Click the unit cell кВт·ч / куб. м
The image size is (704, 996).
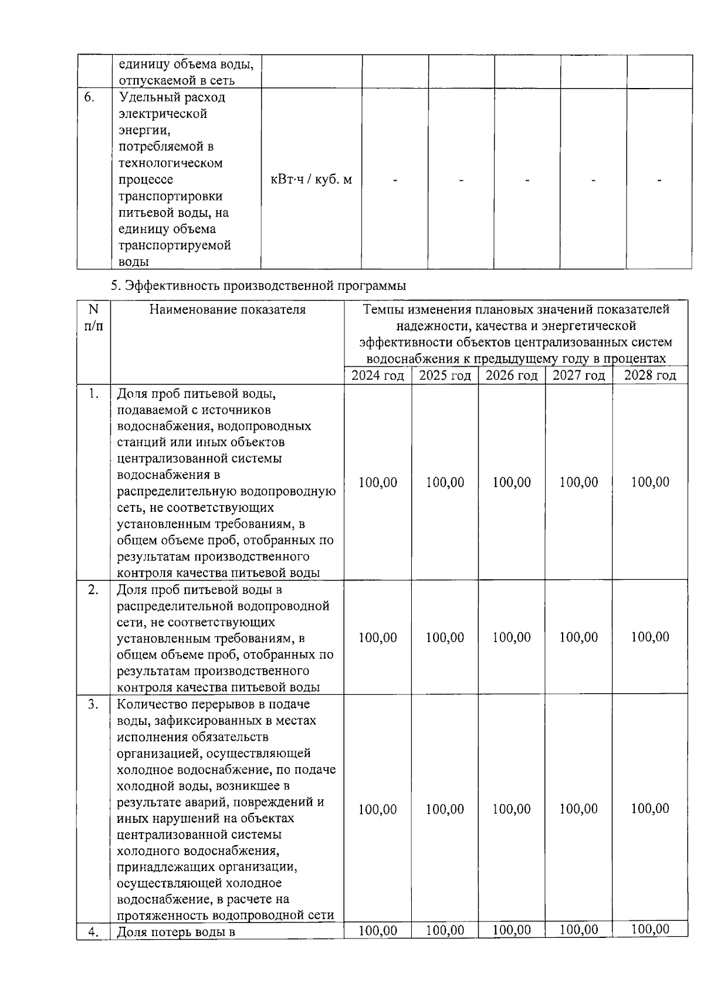(x=311, y=180)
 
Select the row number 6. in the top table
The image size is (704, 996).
(x=89, y=97)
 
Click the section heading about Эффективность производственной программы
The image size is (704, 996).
(x=259, y=286)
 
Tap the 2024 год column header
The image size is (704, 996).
(x=378, y=376)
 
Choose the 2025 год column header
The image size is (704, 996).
(x=445, y=376)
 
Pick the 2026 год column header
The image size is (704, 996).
(x=512, y=376)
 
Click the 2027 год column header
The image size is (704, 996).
(x=578, y=376)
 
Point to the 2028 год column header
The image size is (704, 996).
(x=650, y=376)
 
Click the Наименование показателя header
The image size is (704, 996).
(x=227, y=309)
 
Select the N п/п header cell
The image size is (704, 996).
(x=93, y=317)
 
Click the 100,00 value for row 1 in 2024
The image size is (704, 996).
(x=378, y=482)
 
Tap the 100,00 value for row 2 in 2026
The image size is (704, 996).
(x=512, y=637)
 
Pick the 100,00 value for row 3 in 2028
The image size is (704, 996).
(x=650, y=809)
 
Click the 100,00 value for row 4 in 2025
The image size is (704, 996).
(x=445, y=930)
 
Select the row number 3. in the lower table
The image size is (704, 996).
(x=93, y=704)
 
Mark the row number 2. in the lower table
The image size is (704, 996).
(x=93, y=590)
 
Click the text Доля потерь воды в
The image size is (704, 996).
(x=176, y=931)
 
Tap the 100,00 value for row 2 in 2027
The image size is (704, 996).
(x=578, y=637)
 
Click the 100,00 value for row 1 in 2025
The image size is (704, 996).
(x=445, y=482)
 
